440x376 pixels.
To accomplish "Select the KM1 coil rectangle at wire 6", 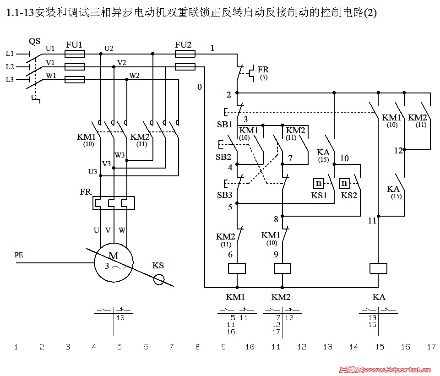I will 237,268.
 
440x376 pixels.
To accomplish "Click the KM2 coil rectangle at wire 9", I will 282,268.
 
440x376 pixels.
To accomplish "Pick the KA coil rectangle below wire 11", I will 379,268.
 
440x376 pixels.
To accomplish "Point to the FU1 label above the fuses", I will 74,44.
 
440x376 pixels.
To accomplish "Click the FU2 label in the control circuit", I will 183,44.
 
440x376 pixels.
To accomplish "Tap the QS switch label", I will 34,41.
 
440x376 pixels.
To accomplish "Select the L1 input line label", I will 10,54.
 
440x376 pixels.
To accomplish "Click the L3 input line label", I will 10,80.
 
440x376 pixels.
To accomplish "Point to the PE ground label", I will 19,255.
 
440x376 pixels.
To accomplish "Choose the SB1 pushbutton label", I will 224,124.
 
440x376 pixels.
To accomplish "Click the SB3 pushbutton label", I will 224,195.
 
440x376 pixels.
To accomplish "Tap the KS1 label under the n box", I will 320,195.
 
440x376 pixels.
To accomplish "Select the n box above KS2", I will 344,184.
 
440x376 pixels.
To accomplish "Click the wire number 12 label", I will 398,150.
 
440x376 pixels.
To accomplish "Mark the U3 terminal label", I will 92,172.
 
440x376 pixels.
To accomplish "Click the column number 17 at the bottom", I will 431,347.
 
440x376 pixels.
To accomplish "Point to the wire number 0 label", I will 199,87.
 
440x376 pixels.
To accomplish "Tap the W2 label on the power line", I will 135,75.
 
